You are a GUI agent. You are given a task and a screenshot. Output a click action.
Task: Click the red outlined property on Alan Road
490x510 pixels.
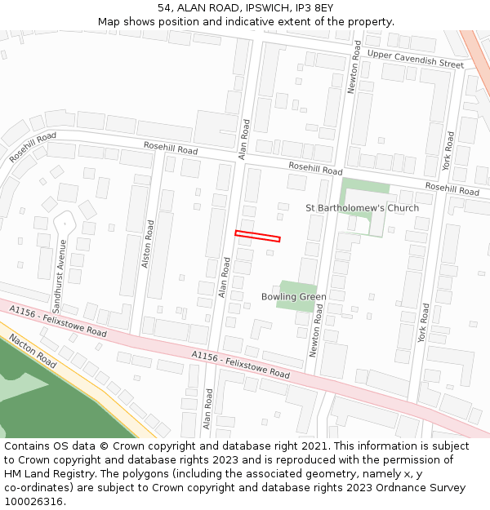(257, 237)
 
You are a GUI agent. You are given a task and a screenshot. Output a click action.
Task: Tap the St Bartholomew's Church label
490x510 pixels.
(362, 208)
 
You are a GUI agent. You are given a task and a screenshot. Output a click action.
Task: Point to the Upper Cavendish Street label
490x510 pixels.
(415, 59)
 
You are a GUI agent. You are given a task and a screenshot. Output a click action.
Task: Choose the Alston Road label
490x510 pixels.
(148, 244)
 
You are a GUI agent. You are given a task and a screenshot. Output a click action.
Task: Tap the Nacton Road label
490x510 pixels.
(33, 350)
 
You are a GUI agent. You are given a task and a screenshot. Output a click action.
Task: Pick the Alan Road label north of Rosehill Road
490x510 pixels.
(243, 139)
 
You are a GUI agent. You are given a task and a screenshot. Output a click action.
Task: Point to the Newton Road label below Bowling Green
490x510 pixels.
(317, 330)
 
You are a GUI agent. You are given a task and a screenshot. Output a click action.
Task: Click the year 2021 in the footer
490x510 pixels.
(312, 446)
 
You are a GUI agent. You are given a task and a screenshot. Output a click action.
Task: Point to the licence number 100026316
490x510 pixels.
(33, 502)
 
